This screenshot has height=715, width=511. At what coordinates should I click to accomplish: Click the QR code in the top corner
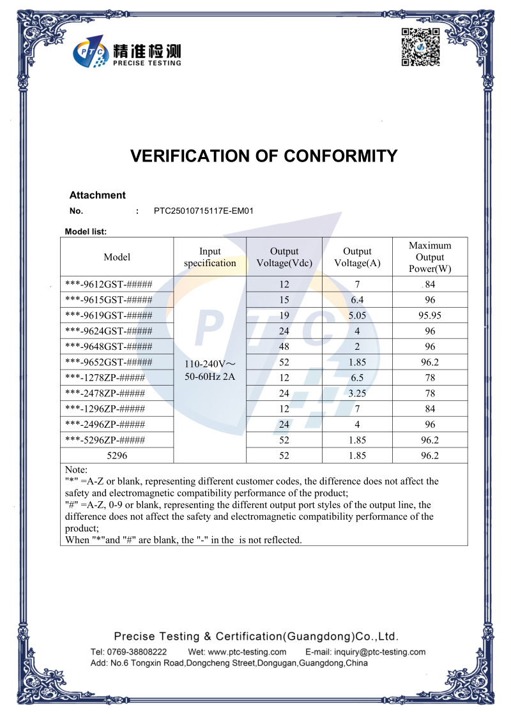pyautogui.click(x=420, y=47)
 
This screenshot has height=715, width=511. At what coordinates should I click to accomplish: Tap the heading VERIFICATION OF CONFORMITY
pyautogui.click(x=264, y=156)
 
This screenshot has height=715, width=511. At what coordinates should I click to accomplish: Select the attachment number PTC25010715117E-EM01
pyautogui.click(x=204, y=211)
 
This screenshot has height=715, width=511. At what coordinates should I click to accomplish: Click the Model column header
pyautogui.click(x=117, y=257)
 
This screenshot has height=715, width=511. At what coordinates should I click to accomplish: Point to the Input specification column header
pyautogui.click(x=210, y=257)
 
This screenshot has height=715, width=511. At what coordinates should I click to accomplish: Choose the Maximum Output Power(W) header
pyautogui.click(x=430, y=257)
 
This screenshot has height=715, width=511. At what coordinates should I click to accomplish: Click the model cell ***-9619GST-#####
pyautogui.click(x=109, y=315)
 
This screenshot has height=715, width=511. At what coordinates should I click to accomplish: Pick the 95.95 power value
pyautogui.click(x=430, y=315)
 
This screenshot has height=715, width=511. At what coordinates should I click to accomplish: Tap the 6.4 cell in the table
pyautogui.click(x=358, y=300)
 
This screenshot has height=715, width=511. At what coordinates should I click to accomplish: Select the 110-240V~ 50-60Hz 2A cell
pyautogui.click(x=210, y=370)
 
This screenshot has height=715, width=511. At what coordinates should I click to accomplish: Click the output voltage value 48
pyautogui.click(x=284, y=347)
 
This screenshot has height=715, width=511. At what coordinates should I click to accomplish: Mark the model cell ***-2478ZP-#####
pyautogui.click(x=105, y=393)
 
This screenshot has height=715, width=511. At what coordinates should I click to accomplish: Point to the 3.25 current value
pyautogui.click(x=358, y=393)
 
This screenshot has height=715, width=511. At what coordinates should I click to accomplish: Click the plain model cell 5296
pyautogui.click(x=117, y=456)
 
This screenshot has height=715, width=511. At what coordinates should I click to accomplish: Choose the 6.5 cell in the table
pyautogui.click(x=358, y=378)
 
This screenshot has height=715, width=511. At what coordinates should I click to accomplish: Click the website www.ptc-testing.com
pyautogui.click(x=247, y=652)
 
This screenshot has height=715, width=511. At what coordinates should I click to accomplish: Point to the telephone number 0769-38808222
pyautogui.click(x=137, y=652)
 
